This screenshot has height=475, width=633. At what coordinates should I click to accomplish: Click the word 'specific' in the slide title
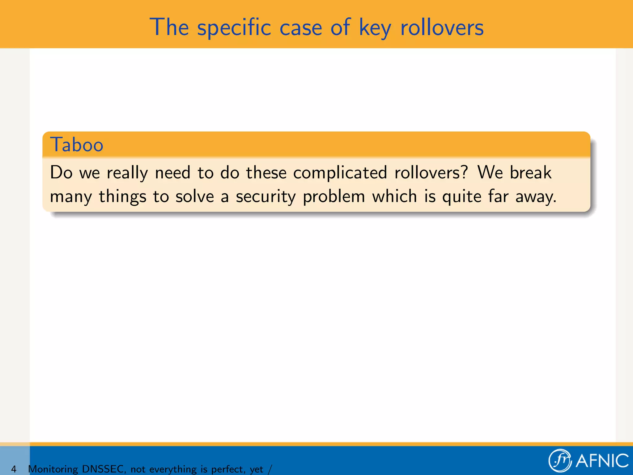[x=234, y=28]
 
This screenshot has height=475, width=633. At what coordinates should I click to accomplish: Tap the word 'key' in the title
[x=375, y=28]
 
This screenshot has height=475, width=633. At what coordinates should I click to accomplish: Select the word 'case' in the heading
[x=301, y=28]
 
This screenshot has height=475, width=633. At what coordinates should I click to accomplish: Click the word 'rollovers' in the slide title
[x=442, y=28]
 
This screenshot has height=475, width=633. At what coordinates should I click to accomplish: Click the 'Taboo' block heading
[x=77, y=145]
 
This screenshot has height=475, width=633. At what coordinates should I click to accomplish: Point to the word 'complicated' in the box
[x=340, y=173]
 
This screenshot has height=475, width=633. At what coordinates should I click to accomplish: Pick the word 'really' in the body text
[x=127, y=173]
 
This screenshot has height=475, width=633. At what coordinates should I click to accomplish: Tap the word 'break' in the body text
[x=530, y=173]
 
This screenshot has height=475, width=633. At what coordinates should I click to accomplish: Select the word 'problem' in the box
[x=334, y=197]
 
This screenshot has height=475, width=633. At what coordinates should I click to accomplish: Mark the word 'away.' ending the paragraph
[x=536, y=197]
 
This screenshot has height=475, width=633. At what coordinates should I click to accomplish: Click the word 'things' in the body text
[x=122, y=197]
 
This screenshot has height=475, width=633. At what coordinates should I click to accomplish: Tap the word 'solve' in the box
[x=195, y=196]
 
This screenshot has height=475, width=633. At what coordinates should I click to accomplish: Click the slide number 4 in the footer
[x=14, y=469]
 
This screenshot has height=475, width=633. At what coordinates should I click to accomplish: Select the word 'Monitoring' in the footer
[x=53, y=469]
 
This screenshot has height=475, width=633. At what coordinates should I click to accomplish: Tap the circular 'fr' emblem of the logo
[x=560, y=461]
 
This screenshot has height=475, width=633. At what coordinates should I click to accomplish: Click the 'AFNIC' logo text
[x=602, y=461]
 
